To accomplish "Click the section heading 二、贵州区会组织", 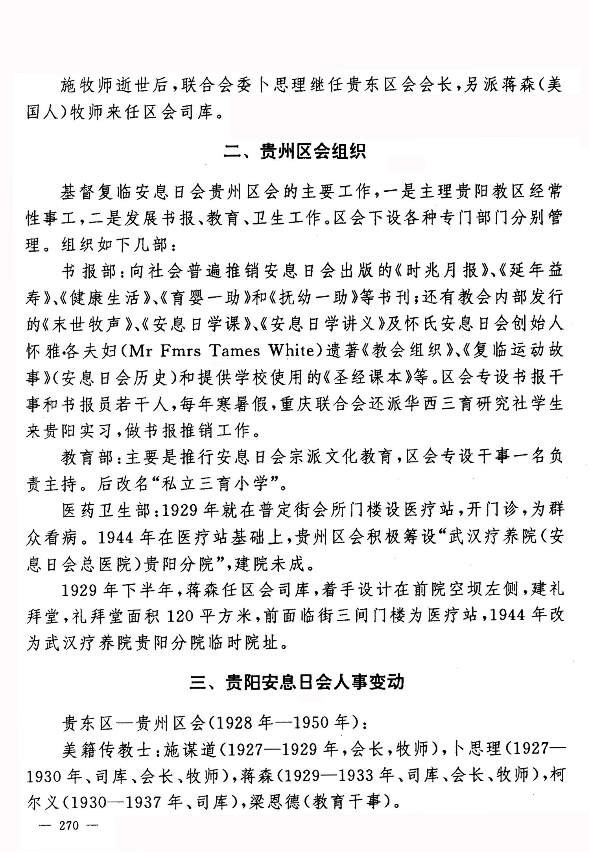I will (295, 151).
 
